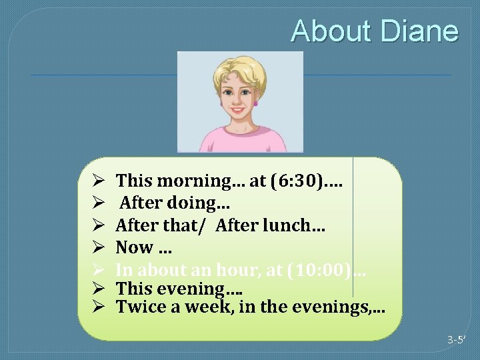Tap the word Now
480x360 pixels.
135,247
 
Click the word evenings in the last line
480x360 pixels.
333,307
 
